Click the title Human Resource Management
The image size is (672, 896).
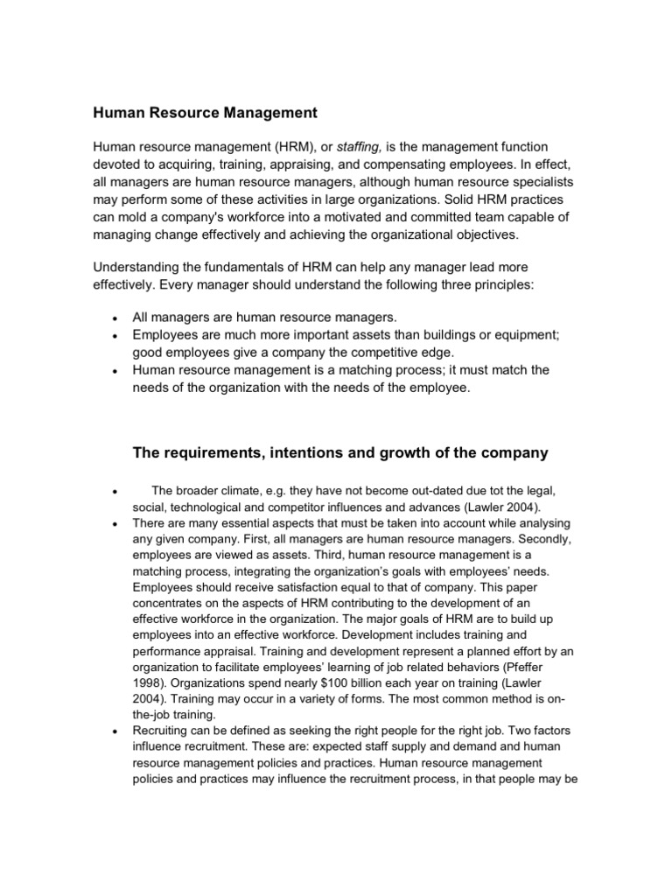pyautogui.click(x=206, y=113)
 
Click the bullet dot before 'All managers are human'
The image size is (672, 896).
pyautogui.click(x=115, y=318)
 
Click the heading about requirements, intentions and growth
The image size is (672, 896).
pyautogui.click(x=339, y=452)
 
